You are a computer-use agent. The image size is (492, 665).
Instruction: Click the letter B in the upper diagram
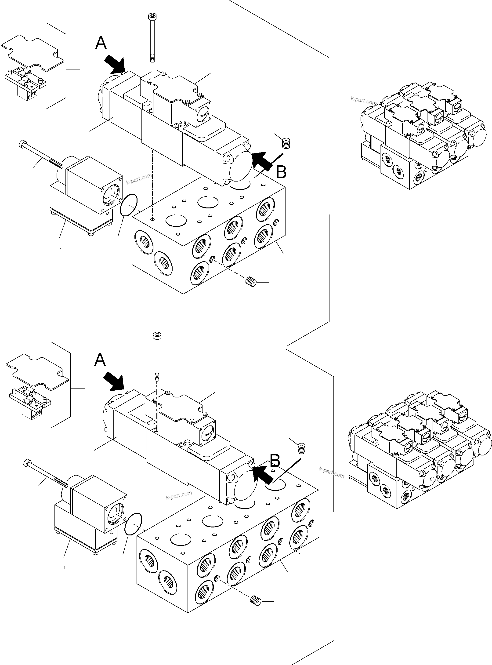click(281, 172)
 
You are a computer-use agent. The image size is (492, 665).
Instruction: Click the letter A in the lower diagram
click(100, 360)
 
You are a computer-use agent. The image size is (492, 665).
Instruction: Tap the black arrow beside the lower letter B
click(262, 475)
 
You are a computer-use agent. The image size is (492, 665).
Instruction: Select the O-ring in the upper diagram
click(128, 204)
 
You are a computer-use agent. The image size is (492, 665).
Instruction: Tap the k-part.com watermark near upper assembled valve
click(364, 101)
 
